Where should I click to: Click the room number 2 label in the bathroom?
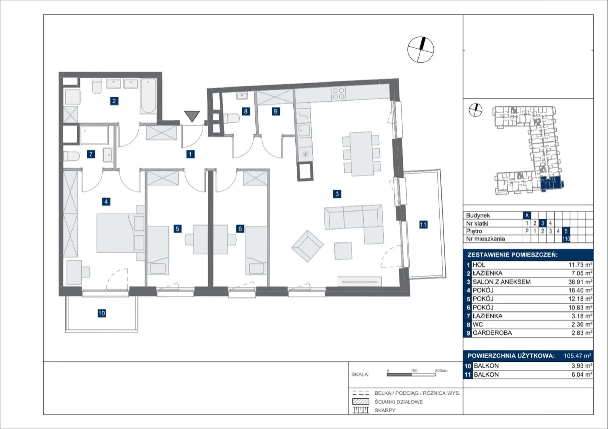coord(114,101)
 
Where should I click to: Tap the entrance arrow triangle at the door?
coord(192,116)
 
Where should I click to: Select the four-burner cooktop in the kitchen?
coord(339,93)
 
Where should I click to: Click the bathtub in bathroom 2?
coord(149,96)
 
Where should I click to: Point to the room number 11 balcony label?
coord(423,225)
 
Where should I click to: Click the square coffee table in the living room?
coord(343,251)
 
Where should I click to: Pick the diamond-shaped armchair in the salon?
coord(307,246)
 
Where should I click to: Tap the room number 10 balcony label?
coord(101,313)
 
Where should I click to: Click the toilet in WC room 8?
coord(231,118)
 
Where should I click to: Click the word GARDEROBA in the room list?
coord(492,332)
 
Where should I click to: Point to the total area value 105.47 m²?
coord(577,355)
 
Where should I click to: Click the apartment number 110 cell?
coord(566,239)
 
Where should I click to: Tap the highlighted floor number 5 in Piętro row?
coord(566,231)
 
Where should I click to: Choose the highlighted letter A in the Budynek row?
coord(527,215)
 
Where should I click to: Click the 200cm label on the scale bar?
coord(441,370)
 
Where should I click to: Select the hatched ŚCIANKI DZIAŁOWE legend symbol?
coord(361,402)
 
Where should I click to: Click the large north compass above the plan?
coord(421,50)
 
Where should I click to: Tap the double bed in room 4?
coord(120,233)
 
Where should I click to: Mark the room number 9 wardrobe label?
coord(276,111)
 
